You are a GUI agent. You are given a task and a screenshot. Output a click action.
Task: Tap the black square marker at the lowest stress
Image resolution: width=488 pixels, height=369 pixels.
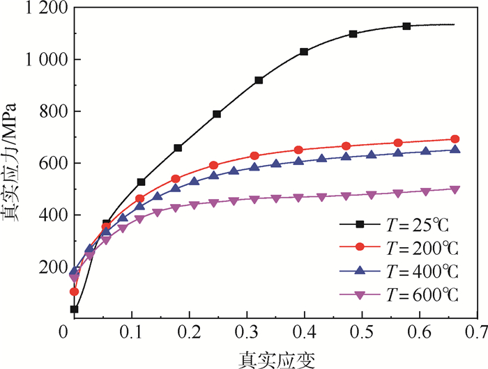[74, 309]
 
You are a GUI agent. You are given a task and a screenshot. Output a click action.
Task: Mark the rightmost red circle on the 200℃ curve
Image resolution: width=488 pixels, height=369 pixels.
[455, 139]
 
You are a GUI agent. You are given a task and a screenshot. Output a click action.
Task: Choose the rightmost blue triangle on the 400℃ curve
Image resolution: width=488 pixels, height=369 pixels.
[455, 149]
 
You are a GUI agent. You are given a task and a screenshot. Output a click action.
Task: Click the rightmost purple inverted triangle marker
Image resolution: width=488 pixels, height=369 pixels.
[455, 189]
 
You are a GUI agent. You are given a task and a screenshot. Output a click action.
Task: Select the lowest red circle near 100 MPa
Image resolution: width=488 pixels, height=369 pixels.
[74, 292]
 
